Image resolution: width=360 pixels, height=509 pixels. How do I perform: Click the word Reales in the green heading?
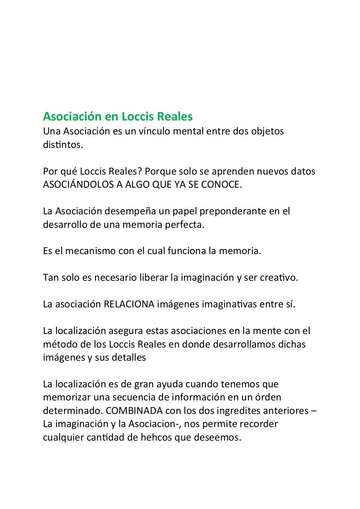[x=175, y=117]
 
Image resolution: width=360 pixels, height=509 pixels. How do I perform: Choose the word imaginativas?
[x=229, y=304]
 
